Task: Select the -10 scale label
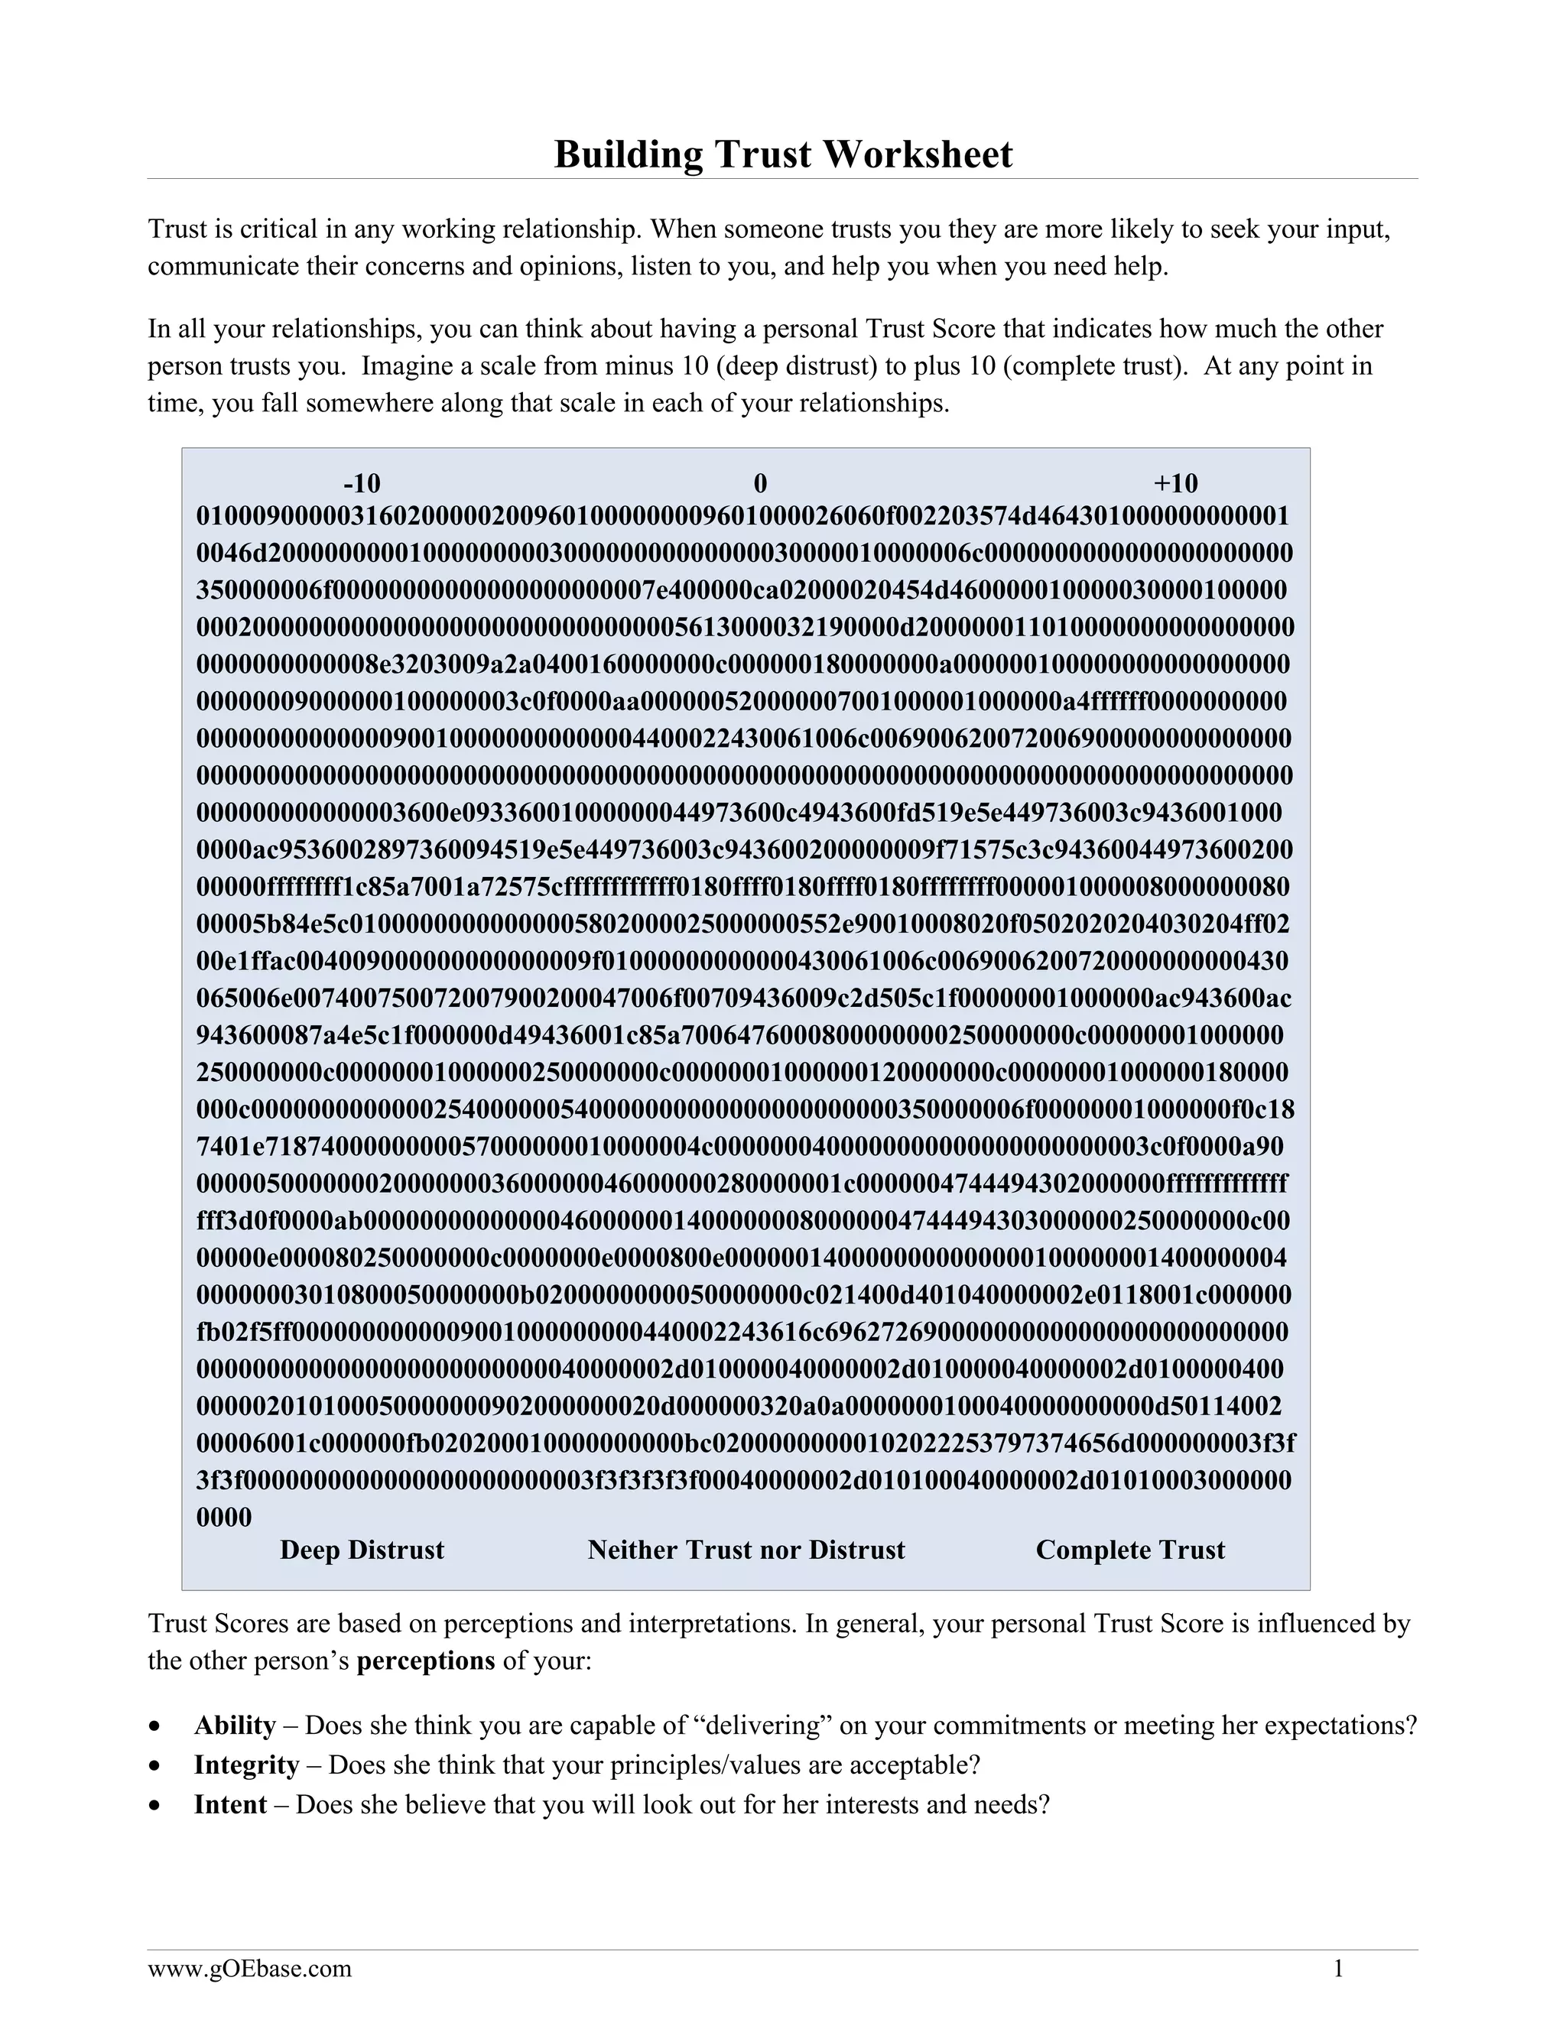coord(362,483)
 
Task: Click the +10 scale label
coord(1175,483)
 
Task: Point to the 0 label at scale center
coord(760,483)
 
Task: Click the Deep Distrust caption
coord(362,1550)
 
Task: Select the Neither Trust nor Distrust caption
coord(746,1550)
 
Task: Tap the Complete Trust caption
coord(1130,1550)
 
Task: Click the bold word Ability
coord(235,1726)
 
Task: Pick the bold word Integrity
coord(247,1765)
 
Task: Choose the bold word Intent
coord(230,1804)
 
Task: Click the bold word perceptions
coord(426,1661)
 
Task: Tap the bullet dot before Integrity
coord(156,1766)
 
